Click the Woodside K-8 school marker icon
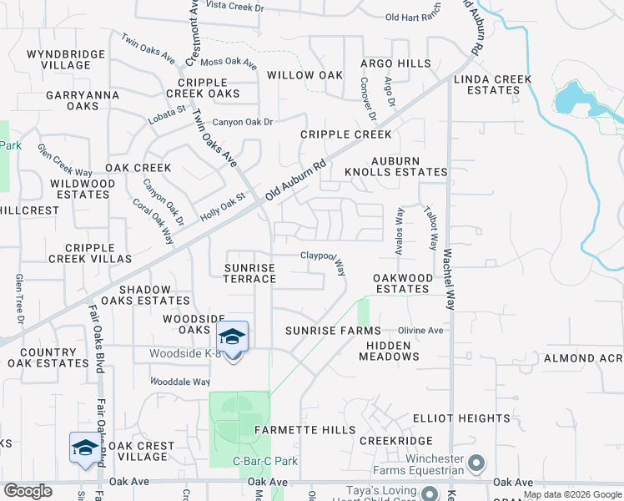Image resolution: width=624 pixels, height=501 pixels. click(x=234, y=337)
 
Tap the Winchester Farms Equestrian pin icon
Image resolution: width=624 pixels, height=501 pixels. click(x=476, y=462)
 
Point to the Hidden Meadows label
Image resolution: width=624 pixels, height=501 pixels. click(x=389, y=350)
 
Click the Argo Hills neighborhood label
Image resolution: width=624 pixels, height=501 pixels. click(x=395, y=63)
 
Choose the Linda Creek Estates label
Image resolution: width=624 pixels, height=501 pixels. click(x=492, y=84)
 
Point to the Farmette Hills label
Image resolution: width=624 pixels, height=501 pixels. click(x=304, y=430)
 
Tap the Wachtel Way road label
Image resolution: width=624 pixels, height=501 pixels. click(x=448, y=279)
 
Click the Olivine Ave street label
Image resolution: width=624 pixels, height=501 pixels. click(x=420, y=331)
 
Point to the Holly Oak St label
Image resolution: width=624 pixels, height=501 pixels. click(x=223, y=208)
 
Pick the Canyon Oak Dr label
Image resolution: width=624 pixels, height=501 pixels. click(x=242, y=122)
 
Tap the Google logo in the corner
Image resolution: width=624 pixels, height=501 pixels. click(x=28, y=491)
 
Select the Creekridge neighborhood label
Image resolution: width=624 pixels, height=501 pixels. click(x=396, y=440)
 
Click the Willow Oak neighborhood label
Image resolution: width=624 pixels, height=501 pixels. click(x=304, y=75)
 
